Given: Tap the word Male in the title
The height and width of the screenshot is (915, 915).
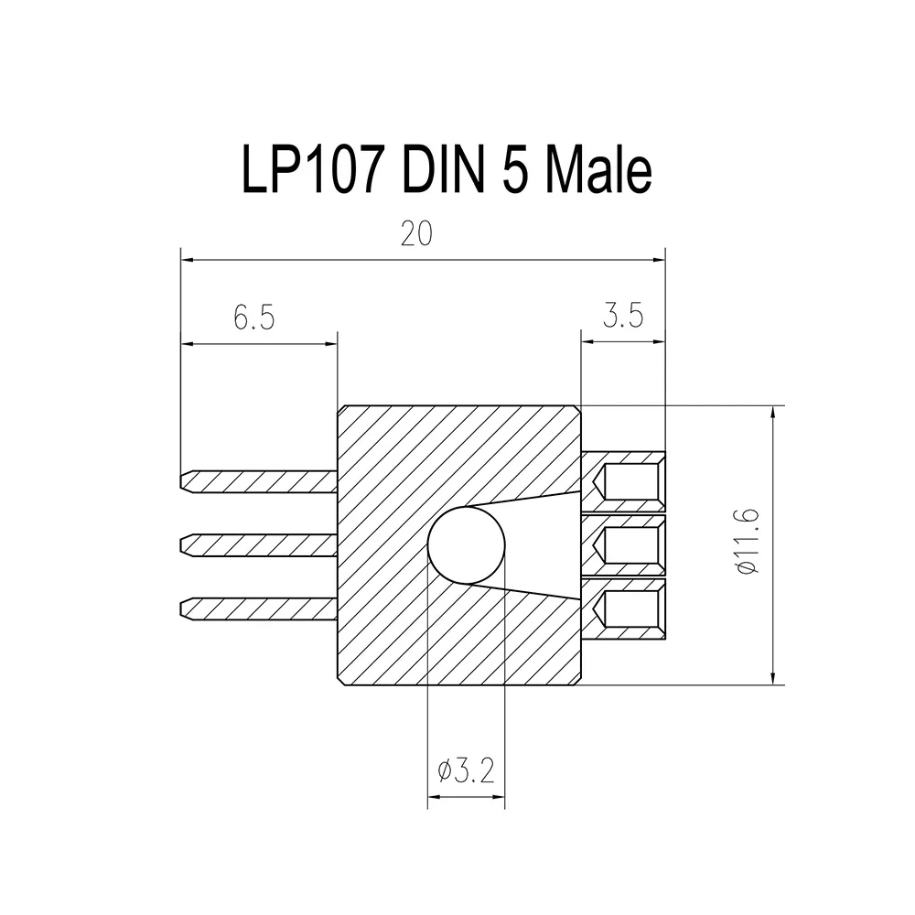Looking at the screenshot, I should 598,169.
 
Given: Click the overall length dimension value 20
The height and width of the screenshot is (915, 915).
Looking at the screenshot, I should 416,236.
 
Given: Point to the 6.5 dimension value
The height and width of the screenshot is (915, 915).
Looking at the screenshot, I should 253,318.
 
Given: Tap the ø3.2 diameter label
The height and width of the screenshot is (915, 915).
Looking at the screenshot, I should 466,772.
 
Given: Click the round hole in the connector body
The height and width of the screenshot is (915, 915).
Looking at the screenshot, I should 467,546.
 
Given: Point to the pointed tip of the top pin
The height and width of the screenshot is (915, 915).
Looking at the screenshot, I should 186,481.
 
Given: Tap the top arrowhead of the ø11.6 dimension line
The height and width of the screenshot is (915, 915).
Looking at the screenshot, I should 775,413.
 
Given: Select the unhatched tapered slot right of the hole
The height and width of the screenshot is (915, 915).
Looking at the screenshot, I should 544,546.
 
